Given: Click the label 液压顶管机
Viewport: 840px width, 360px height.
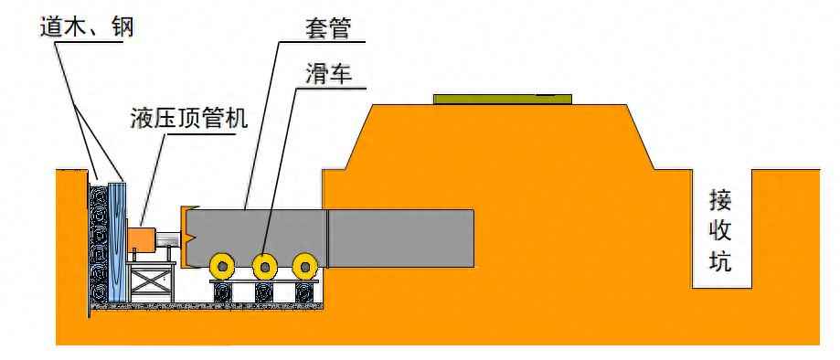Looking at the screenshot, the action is [x=190, y=120].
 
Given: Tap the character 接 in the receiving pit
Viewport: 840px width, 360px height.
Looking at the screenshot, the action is [x=721, y=199].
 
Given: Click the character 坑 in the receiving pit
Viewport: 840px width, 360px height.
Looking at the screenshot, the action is [x=721, y=263].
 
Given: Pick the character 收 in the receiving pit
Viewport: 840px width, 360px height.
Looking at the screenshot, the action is [x=721, y=231].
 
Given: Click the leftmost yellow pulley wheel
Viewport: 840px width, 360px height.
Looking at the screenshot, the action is [x=222, y=266].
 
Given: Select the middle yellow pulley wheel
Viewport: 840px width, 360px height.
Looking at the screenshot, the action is [x=265, y=266].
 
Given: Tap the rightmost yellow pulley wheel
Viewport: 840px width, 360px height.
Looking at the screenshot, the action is [x=305, y=266].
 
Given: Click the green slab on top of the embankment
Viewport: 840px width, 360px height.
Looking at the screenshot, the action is [x=503, y=98].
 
